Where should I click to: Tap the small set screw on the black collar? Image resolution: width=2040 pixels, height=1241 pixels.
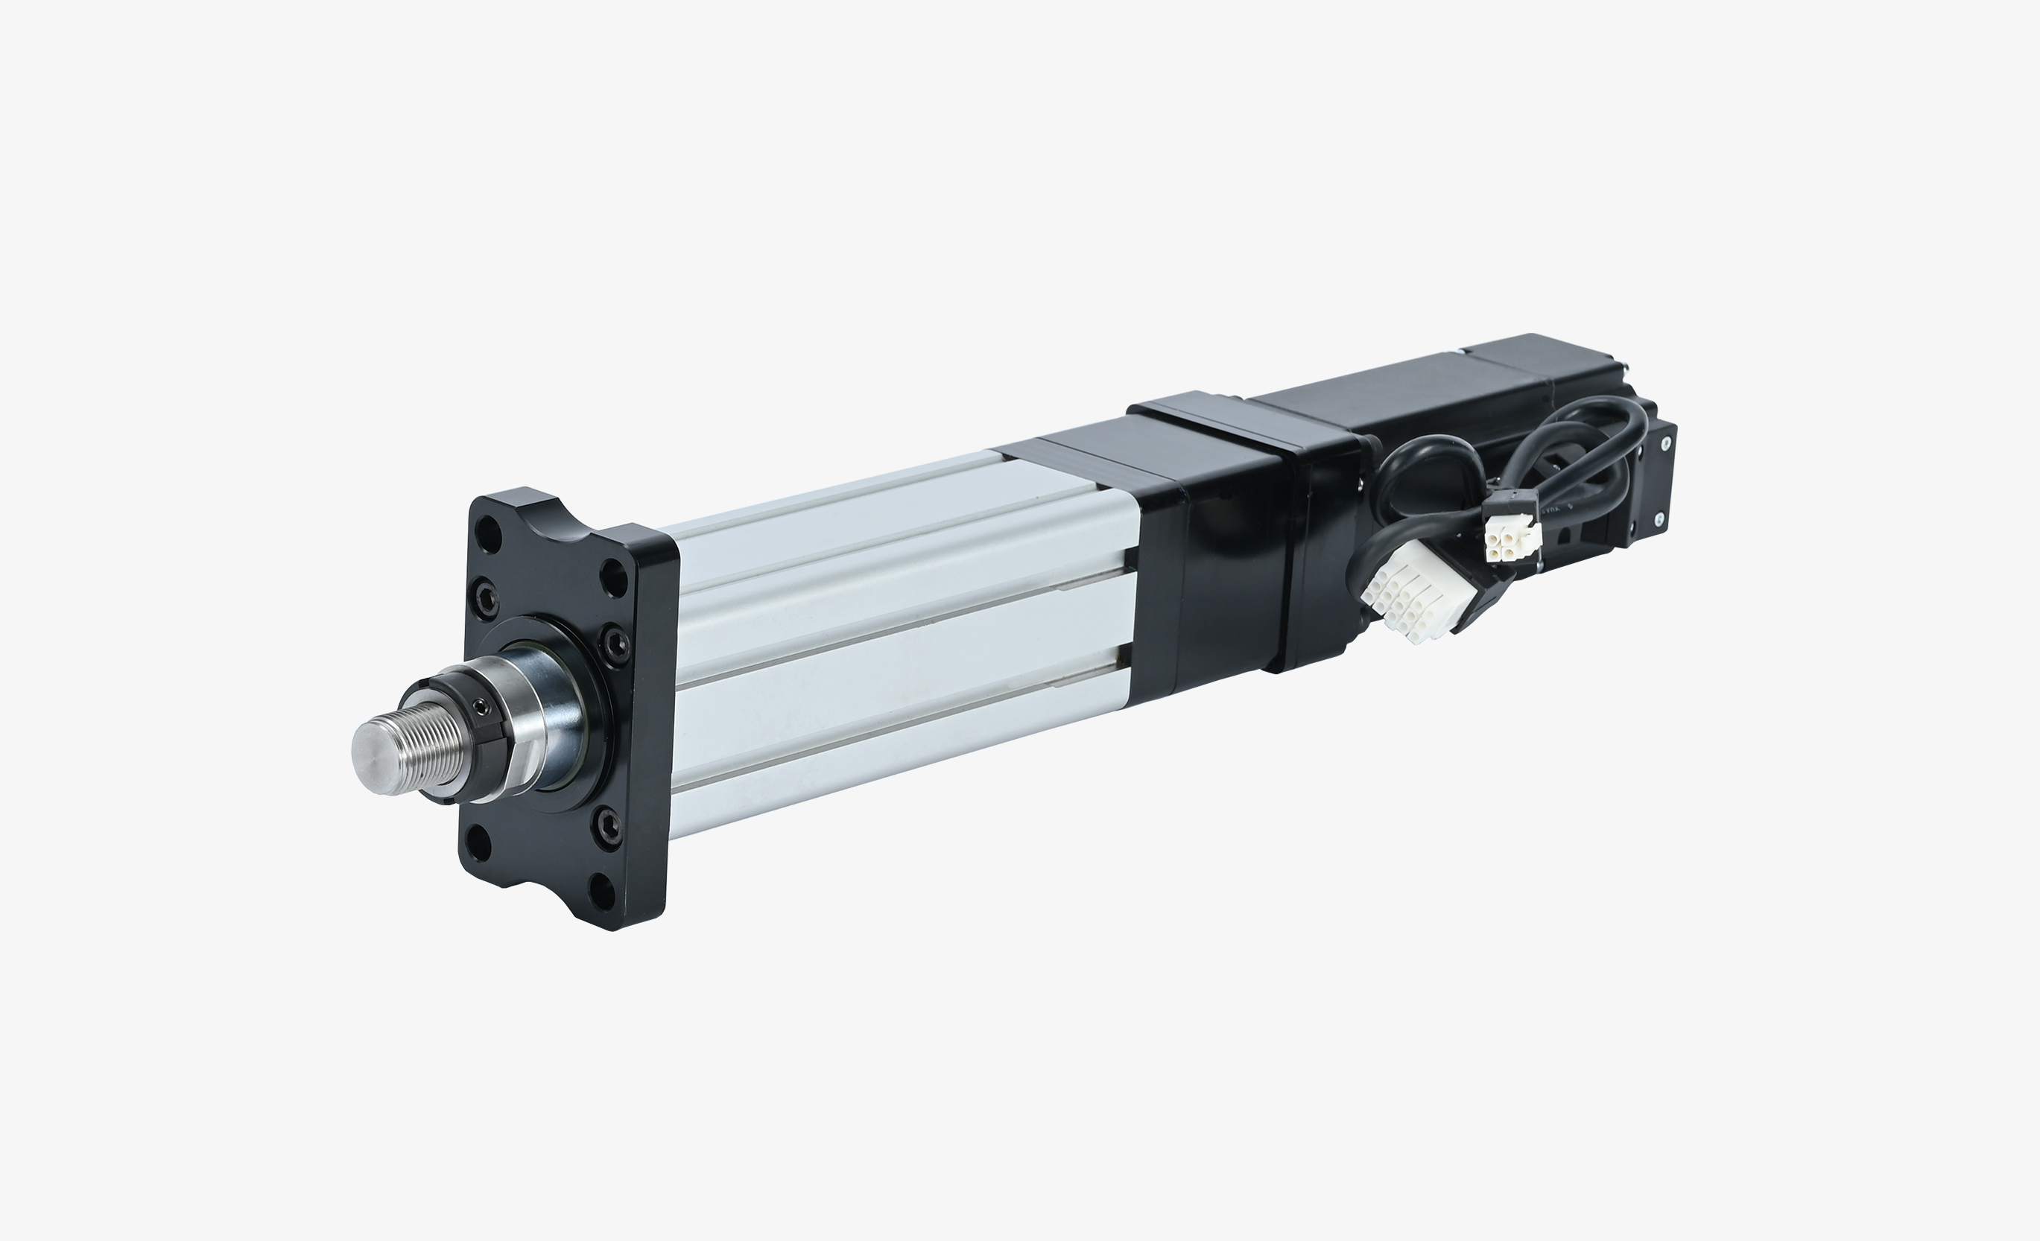click(x=480, y=706)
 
